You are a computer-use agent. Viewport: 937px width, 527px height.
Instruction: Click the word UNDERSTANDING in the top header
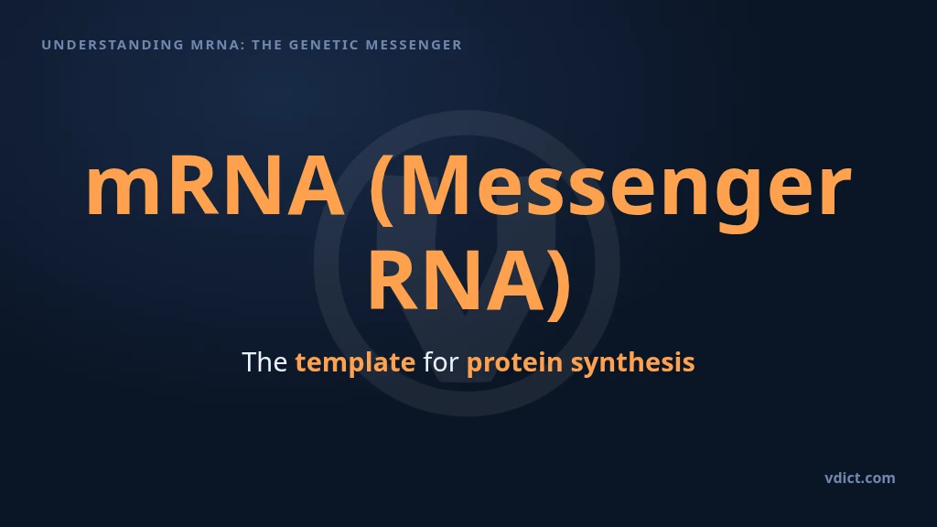tap(113, 45)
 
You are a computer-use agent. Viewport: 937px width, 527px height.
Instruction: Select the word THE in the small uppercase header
tap(266, 45)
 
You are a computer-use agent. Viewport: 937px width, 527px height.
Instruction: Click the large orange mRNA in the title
tap(216, 185)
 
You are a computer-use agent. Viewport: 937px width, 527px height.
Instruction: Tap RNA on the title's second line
tap(458, 281)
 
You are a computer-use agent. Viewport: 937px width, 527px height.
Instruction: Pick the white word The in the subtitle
tap(264, 362)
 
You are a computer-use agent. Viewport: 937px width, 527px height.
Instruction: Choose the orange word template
tap(355, 363)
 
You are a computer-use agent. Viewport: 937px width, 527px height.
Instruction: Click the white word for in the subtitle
tap(441, 362)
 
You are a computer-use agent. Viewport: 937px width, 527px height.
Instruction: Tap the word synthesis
tap(633, 363)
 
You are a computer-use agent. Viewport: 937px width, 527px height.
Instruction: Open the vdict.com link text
tap(860, 478)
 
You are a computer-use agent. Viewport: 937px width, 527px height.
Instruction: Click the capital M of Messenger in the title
tap(435, 186)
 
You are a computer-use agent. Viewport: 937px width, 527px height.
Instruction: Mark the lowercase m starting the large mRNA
tap(124, 193)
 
